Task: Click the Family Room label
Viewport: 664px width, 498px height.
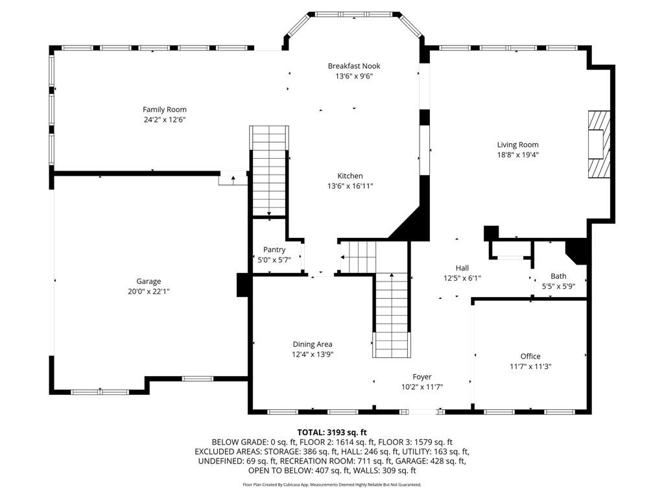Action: pos(165,110)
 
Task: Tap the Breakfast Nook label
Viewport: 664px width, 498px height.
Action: pos(353,66)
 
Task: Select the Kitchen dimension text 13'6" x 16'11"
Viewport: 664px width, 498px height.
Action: pos(350,186)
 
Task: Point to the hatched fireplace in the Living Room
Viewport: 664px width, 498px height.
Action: pos(599,144)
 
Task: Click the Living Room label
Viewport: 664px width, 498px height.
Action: pos(517,145)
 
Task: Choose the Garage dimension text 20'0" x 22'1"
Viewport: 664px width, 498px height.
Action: pos(148,292)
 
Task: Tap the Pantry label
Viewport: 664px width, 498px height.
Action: pos(274,250)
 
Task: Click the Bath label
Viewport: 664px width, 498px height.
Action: pos(558,276)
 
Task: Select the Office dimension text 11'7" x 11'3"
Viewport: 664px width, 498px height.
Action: pos(530,366)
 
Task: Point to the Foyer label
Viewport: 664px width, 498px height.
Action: pos(422,377)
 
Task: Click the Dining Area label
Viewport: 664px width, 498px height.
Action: pos(312,344)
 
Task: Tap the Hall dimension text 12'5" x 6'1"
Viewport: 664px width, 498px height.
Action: pos(462,278)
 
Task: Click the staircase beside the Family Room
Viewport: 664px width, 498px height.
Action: pos(269,171)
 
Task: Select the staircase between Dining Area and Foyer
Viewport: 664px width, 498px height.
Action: pos(392,316)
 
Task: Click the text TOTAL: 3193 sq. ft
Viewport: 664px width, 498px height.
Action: pos(332,432)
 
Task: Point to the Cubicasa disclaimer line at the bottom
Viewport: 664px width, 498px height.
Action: pos(332,484)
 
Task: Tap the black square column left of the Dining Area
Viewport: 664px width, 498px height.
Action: pos(244,285)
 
